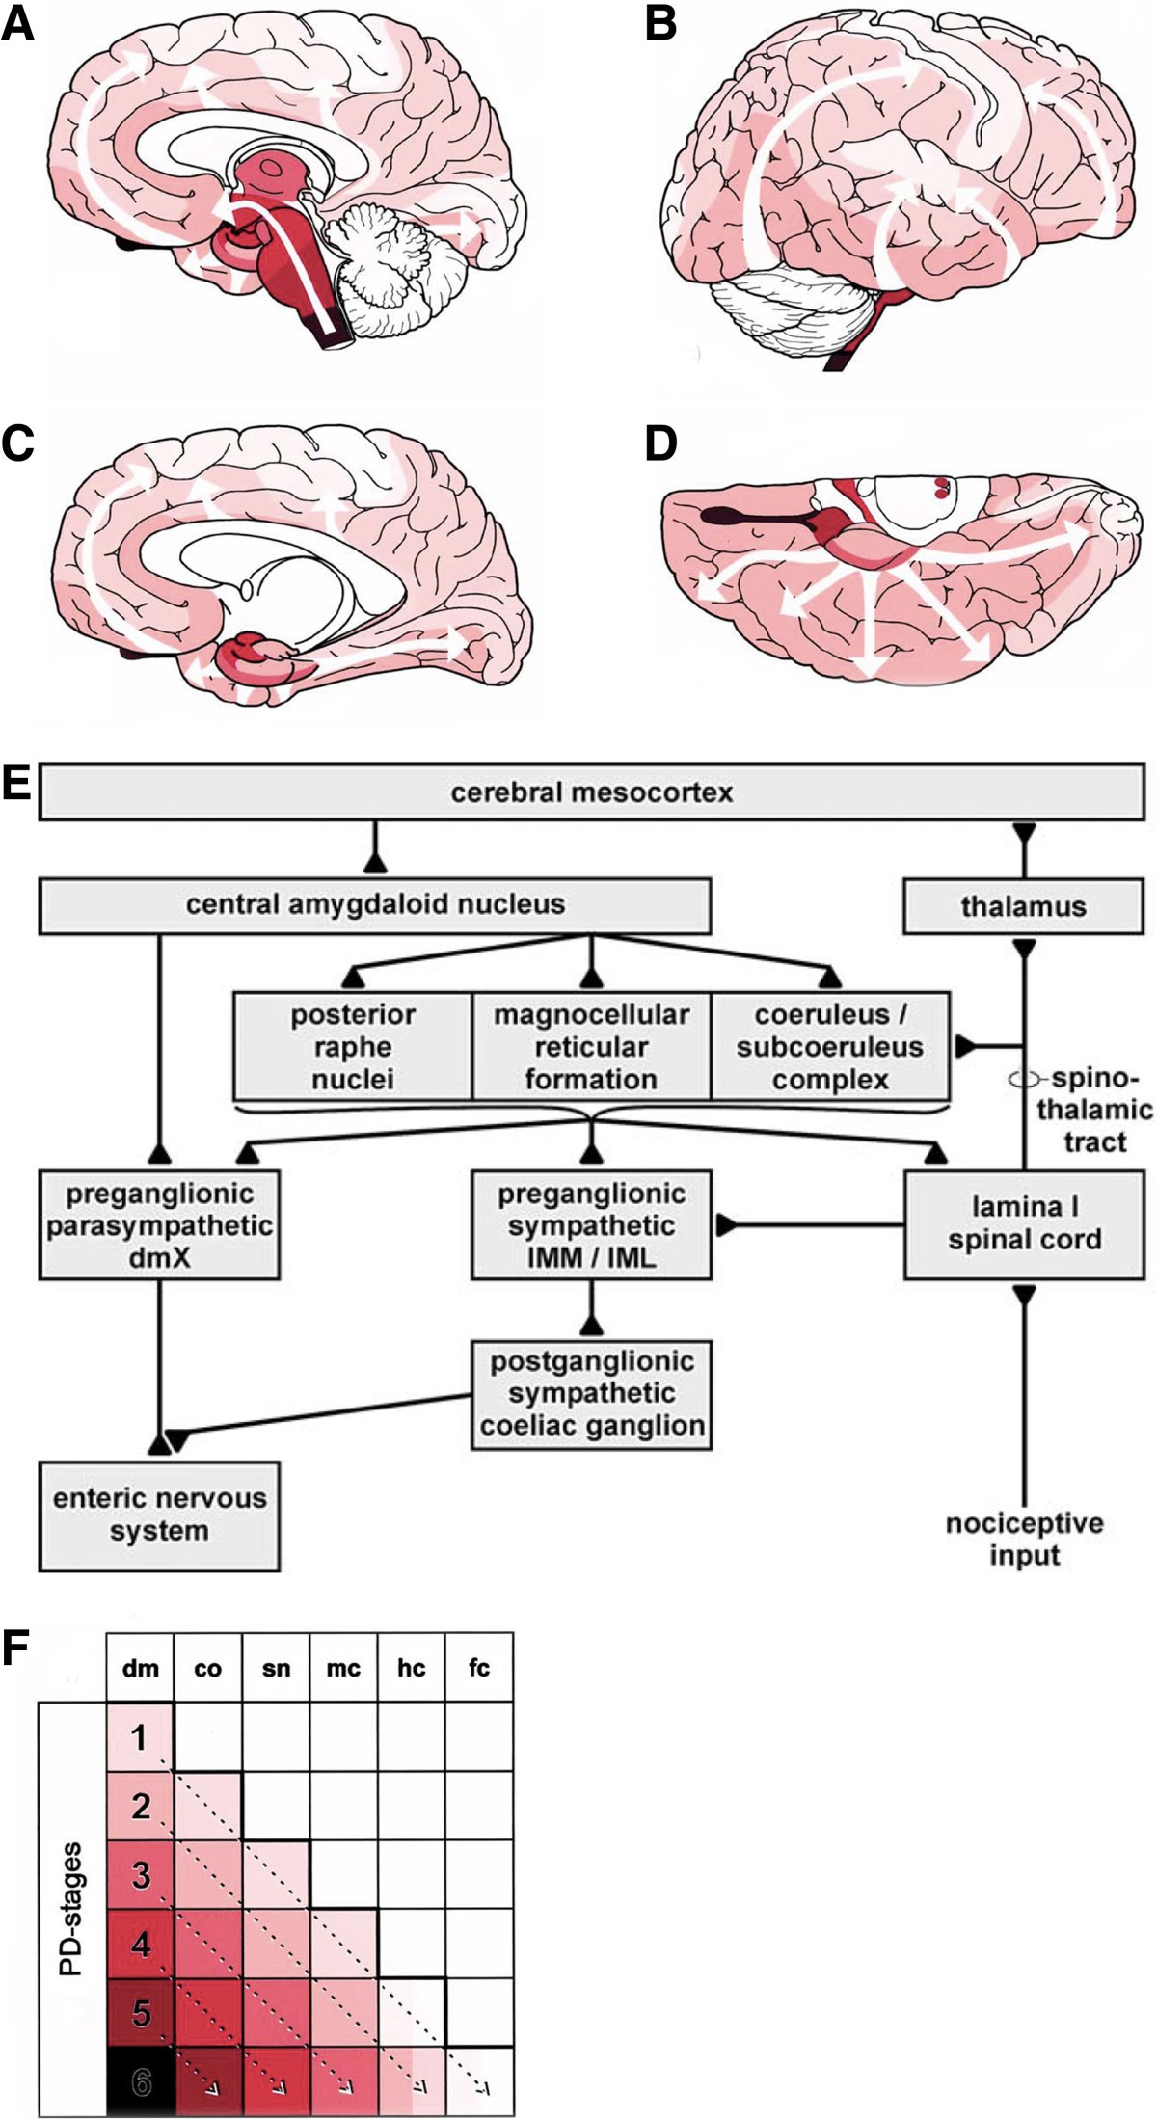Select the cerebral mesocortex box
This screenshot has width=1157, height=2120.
tap(591, 792)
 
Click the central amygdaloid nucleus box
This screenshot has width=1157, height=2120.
tap(375, 905)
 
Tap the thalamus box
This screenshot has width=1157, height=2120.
tap(1023, 906)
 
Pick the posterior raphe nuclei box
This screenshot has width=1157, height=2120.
tap(353, 1046)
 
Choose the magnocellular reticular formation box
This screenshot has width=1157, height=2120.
tap(591, 1046)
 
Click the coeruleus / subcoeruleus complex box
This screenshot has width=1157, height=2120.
tap(829, 1046)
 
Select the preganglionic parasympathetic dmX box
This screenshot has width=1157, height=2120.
tap(159, 1224)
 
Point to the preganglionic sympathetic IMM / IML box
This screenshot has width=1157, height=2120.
tap(591, 1224)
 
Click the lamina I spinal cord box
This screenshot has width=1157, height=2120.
tap(1024, 1223)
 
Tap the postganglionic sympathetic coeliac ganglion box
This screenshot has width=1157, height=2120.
tap(591, 1393)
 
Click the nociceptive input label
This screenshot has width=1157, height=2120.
tap(1024, 1540)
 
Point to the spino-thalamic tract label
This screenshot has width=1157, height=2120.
tap(1094, 1109)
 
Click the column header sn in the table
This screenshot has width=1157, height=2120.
tap(276, 1668)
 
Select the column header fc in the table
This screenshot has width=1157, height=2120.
tap(478, 1668)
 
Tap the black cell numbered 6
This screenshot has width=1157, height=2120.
tap(141, 2082)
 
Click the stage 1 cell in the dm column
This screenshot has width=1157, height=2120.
tap(141, 1737)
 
